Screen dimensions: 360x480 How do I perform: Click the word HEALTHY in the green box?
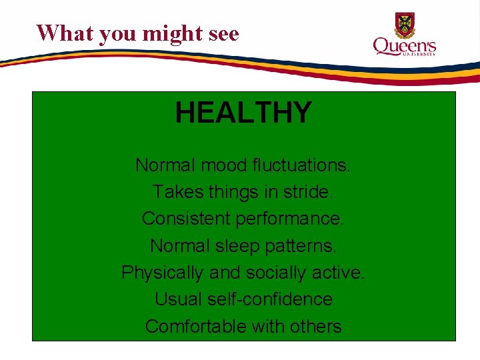[x=243, y=113]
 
